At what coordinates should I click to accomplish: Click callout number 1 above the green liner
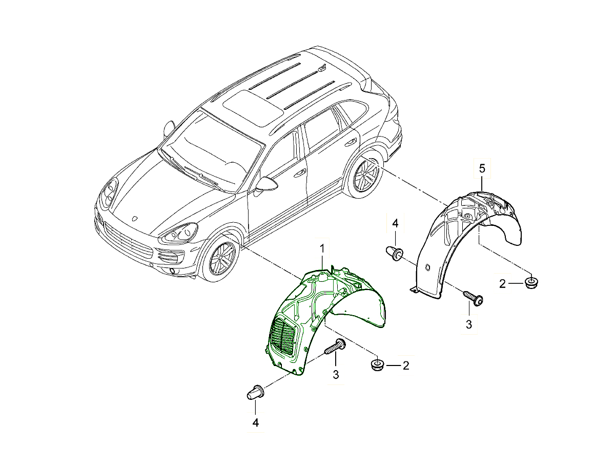tap(322, 248)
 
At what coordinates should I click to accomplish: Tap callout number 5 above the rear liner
tap(482, 168)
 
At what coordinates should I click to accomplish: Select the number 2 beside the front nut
tap(406, 365)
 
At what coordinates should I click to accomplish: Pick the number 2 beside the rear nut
tap(503, 282)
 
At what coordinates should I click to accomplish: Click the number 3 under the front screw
tap(336, 375)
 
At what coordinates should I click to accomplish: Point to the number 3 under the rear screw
tap(468, 324)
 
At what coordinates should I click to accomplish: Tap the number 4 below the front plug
tap(255, 422)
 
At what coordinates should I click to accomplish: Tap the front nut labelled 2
tap(377, 365)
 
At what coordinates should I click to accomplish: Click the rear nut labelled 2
tap(532, 282)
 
